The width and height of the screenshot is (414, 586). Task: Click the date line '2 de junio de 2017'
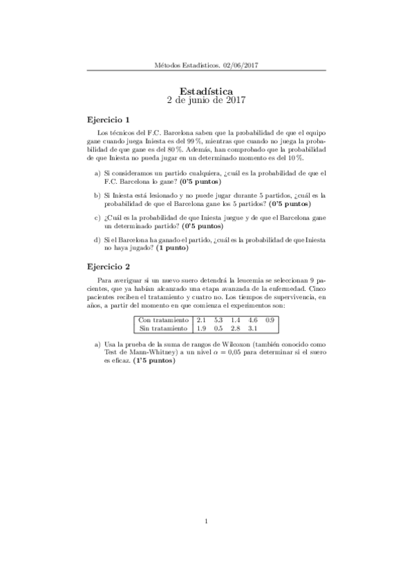tap(206, 100)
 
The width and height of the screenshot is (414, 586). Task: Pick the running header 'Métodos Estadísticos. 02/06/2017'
tap(207, 66)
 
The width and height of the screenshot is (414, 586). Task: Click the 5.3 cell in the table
tap(219, 320)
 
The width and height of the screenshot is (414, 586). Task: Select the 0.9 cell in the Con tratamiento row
tap(270, 320)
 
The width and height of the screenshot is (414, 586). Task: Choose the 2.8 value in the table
tap(236, 329)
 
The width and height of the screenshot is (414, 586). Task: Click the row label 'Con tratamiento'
tap(163, 320)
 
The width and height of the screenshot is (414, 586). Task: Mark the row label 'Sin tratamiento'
tap(163, 329)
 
